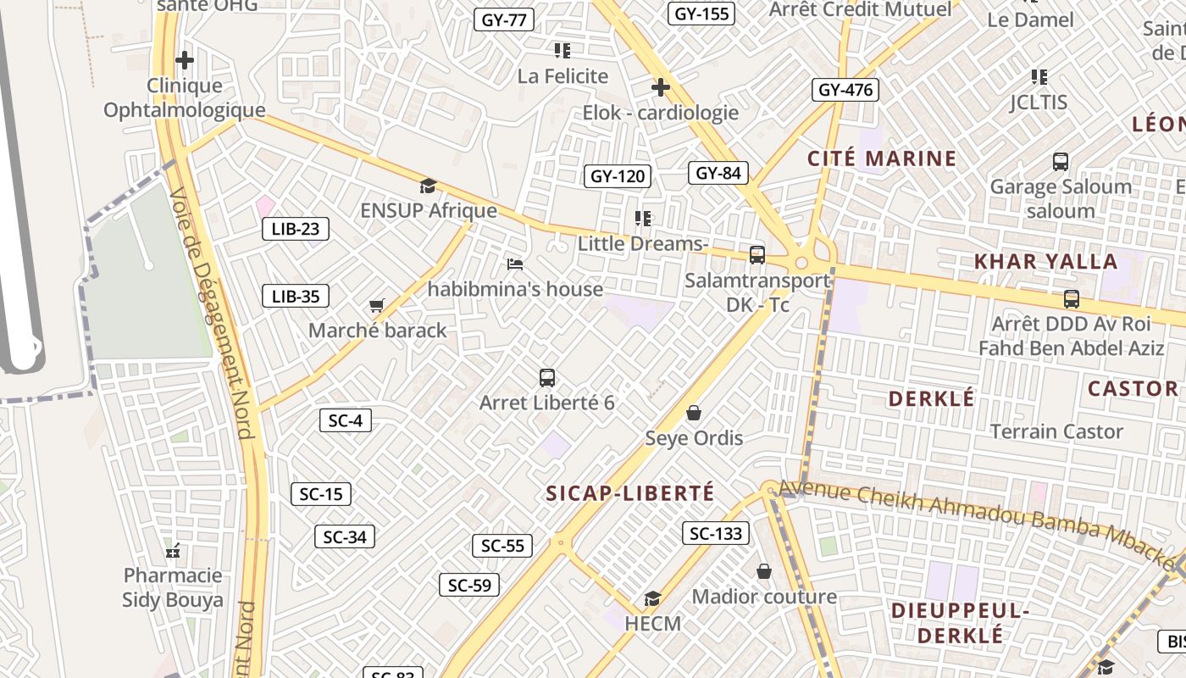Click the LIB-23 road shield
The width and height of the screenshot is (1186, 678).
click(x=295, y=228)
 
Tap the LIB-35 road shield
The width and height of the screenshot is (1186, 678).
click(x=295, y=296)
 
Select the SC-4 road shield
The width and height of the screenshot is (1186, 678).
click(x=345, y=420)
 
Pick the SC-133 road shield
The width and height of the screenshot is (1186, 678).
click(x=716, y=533)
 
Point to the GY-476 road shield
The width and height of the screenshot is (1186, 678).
click(x=845, y=90)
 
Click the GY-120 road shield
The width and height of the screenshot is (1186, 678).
click(x=618, y=176)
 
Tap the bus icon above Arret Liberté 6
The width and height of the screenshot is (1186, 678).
click(x=547, y=378)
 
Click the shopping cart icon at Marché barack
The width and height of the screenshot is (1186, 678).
click(x=377, y=305)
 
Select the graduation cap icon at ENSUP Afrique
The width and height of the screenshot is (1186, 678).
click(x=428, y=186)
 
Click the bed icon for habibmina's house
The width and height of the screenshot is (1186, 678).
click(x=514, y=264)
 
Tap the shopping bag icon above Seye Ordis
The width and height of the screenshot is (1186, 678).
click(x=694, y=413)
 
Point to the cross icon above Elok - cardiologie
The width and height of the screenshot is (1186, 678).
click(x=660, y=87)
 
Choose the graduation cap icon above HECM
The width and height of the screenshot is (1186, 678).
click(x=651, y=599)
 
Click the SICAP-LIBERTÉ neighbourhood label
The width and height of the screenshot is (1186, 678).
click(x=630, y=493)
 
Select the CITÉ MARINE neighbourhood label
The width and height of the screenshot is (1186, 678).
click(x=881, y=158)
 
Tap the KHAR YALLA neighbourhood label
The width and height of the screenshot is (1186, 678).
click(x=1045, y=261)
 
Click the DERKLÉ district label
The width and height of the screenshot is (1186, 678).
click(x=931, y=398)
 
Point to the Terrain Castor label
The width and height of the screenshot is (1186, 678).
click(x=1056, y=431)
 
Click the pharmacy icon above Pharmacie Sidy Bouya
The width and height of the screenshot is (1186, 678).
click(x=174, y=551)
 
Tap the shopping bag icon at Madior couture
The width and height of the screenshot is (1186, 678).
click(x=764, y=572)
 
